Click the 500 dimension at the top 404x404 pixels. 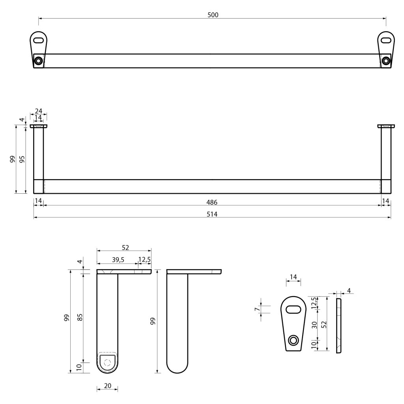coord(213,15)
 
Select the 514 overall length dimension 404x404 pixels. coord(213,214)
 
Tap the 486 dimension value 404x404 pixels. coord(213,202)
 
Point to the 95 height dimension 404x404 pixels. coord(22,159)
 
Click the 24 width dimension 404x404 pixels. coord(38,111)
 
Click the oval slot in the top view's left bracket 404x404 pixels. coord(39,40)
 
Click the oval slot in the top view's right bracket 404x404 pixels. coord(386,40)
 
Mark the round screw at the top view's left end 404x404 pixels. coord(38,61)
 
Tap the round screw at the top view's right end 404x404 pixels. coord(386,61)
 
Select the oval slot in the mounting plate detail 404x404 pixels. coord(293,310)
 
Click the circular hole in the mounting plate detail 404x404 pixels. coord(293,340)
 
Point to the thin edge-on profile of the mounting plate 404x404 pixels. coord(339,325)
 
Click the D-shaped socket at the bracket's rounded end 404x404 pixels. coord(107,361)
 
